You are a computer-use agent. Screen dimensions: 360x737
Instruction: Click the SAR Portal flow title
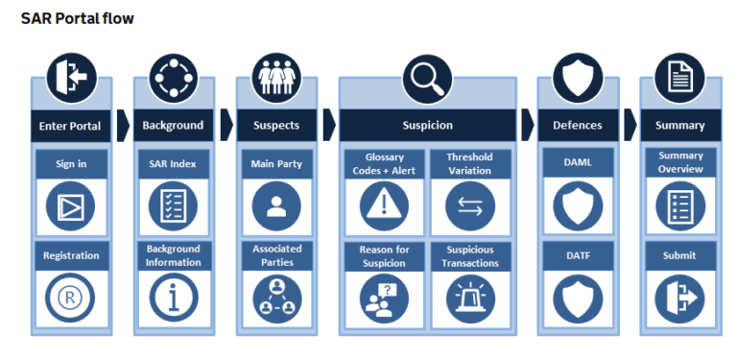78,18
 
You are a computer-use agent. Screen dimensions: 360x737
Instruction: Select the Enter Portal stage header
71,125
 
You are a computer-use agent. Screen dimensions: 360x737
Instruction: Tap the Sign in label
71,163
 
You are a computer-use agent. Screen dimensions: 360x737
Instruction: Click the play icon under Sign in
71,205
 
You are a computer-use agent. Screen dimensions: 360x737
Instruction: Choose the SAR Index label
174,163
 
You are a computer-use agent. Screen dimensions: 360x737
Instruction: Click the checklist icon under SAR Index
174,205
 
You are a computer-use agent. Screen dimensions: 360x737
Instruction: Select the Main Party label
276,163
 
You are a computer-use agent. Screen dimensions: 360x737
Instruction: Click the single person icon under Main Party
276,205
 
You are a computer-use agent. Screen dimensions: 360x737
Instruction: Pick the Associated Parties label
276,255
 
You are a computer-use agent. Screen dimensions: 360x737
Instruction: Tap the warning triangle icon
384,205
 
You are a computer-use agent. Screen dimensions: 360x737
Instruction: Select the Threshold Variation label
470,163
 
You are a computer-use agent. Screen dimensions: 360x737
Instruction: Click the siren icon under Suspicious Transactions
470,299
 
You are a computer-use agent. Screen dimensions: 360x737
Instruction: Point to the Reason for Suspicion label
384,255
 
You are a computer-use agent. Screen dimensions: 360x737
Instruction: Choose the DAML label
578,163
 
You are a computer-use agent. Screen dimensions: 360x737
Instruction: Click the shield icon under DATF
578,299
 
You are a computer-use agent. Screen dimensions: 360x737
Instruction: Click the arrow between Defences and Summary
630,125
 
